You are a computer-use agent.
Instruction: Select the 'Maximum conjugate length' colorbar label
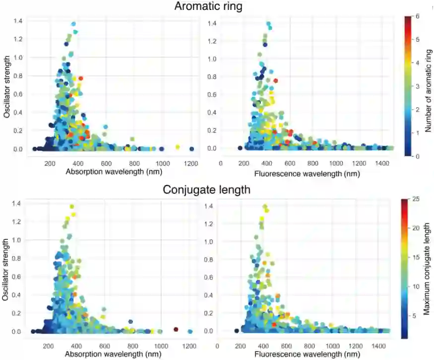tap(427, 269)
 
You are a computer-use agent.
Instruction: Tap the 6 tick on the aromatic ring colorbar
tap(418, 16)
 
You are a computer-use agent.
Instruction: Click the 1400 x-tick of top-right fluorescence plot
tap(382, 163)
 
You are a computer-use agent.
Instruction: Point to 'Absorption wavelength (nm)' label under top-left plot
tap(114, 172)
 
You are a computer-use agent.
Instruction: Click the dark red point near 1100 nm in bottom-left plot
tap(176, 329)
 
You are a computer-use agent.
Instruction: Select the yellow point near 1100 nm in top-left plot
tap(178, 146)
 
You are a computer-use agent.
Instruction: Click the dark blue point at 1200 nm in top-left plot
tap(191, 149)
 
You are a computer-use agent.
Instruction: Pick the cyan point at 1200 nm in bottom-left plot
tap(190, 331)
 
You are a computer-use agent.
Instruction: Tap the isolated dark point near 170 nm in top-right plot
tap(240, 148)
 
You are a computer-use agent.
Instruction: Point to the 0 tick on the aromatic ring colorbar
tap(418, 156)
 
